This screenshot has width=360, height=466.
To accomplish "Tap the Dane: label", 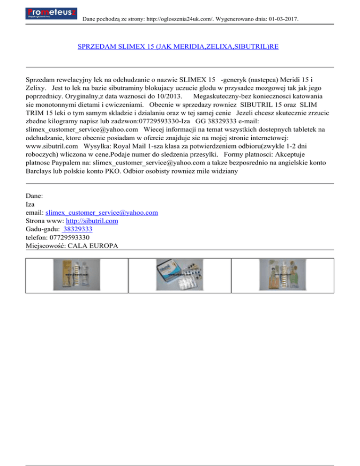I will tap(34, 195).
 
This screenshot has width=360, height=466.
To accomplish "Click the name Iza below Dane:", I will tap(30, 204).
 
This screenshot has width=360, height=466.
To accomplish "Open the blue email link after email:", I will tap(102, 212).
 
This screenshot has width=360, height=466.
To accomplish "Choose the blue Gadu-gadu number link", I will tap(77, 229).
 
